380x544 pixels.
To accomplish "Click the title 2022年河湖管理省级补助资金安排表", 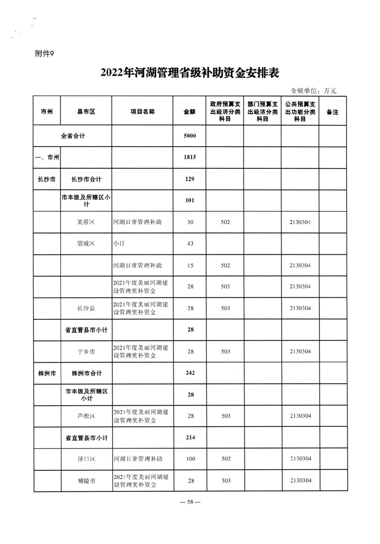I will (190, 73).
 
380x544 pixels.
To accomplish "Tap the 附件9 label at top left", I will (46, 54).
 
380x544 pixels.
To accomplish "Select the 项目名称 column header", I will (142, 111).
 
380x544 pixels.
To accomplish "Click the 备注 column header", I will (332, 111).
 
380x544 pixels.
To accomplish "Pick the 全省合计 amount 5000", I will (190, 136).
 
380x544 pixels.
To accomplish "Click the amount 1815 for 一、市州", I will (190, 157).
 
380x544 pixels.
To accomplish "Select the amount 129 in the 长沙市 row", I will (190, 179).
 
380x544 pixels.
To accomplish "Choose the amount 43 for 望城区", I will (190, 244).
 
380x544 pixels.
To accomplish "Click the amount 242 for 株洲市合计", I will (190, 373).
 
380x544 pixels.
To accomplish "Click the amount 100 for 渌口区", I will (190, 459).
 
